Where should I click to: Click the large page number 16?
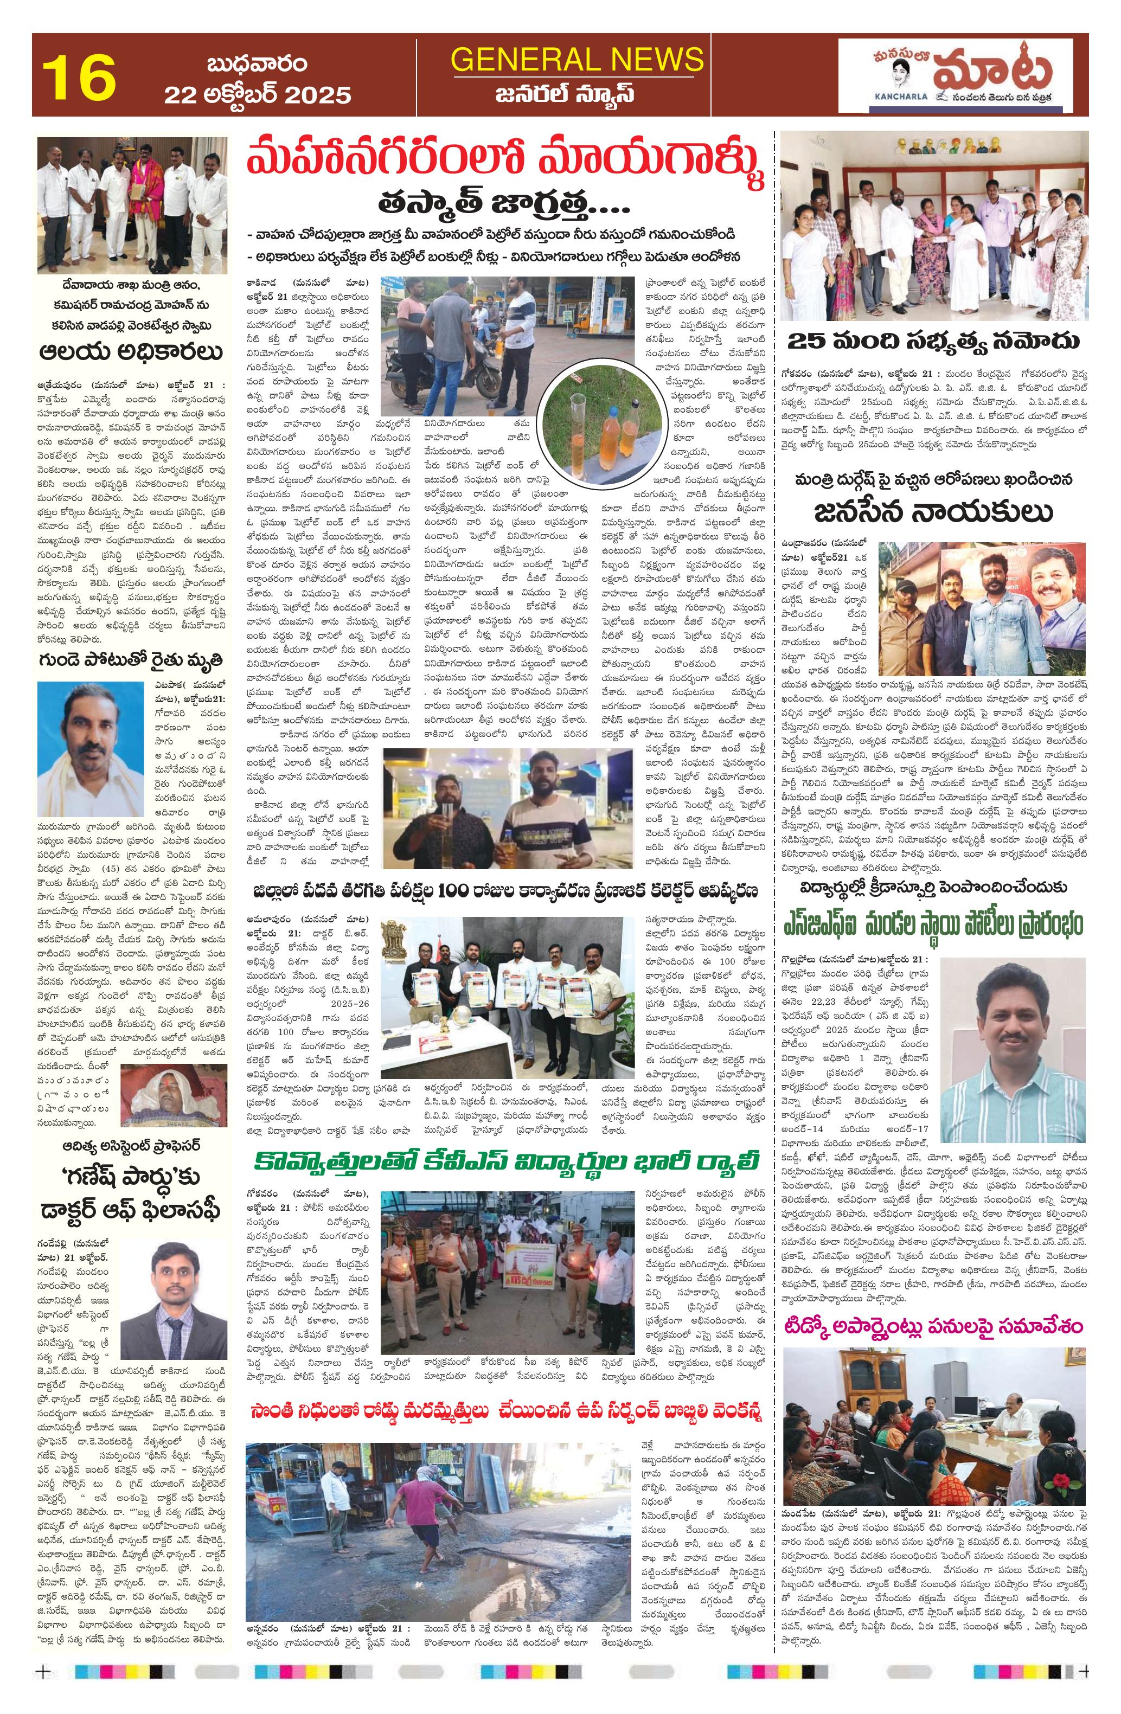pyautogui.click(x=79, y=77)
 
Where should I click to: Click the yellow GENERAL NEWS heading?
pyautogui.click(x=577, y=60)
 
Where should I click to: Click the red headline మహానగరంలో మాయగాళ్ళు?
pyautogui.click(x=507, y=166)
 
